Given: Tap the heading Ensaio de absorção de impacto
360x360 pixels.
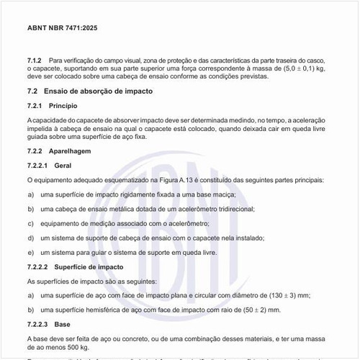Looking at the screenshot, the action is coord(98,91).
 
